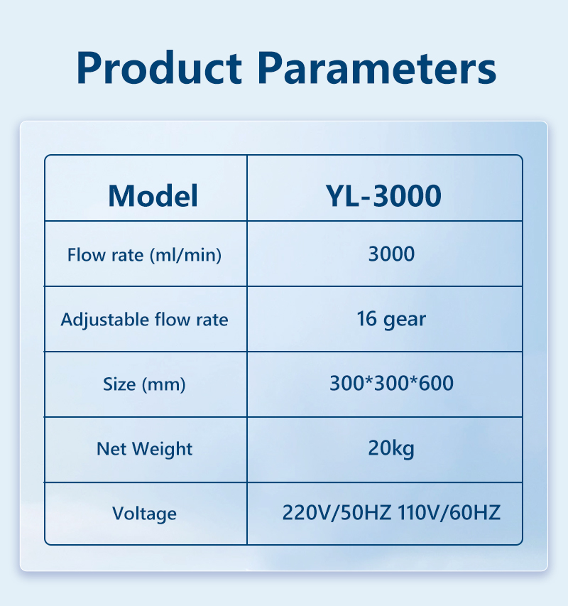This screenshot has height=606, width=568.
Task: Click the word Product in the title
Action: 159,67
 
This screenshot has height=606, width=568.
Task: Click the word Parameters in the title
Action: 376,68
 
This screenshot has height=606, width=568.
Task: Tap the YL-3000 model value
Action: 383,196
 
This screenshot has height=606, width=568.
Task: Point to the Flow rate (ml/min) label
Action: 144,255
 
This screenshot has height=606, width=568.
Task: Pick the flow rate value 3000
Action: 391,254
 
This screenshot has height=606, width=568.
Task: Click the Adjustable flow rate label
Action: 144,320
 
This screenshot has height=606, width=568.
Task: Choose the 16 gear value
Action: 391,320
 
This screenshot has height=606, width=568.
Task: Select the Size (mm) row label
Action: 144,384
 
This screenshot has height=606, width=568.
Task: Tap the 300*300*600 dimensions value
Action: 391,384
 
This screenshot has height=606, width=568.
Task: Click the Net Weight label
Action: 144,449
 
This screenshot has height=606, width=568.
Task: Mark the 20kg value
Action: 391,449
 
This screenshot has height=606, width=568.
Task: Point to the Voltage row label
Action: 144,514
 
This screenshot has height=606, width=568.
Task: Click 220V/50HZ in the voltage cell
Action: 337,513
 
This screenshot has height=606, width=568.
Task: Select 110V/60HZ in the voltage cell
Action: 449,513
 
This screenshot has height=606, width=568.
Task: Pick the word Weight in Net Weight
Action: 162,450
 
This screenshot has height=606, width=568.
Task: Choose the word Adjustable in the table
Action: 104,320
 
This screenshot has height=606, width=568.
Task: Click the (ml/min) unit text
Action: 185,255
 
